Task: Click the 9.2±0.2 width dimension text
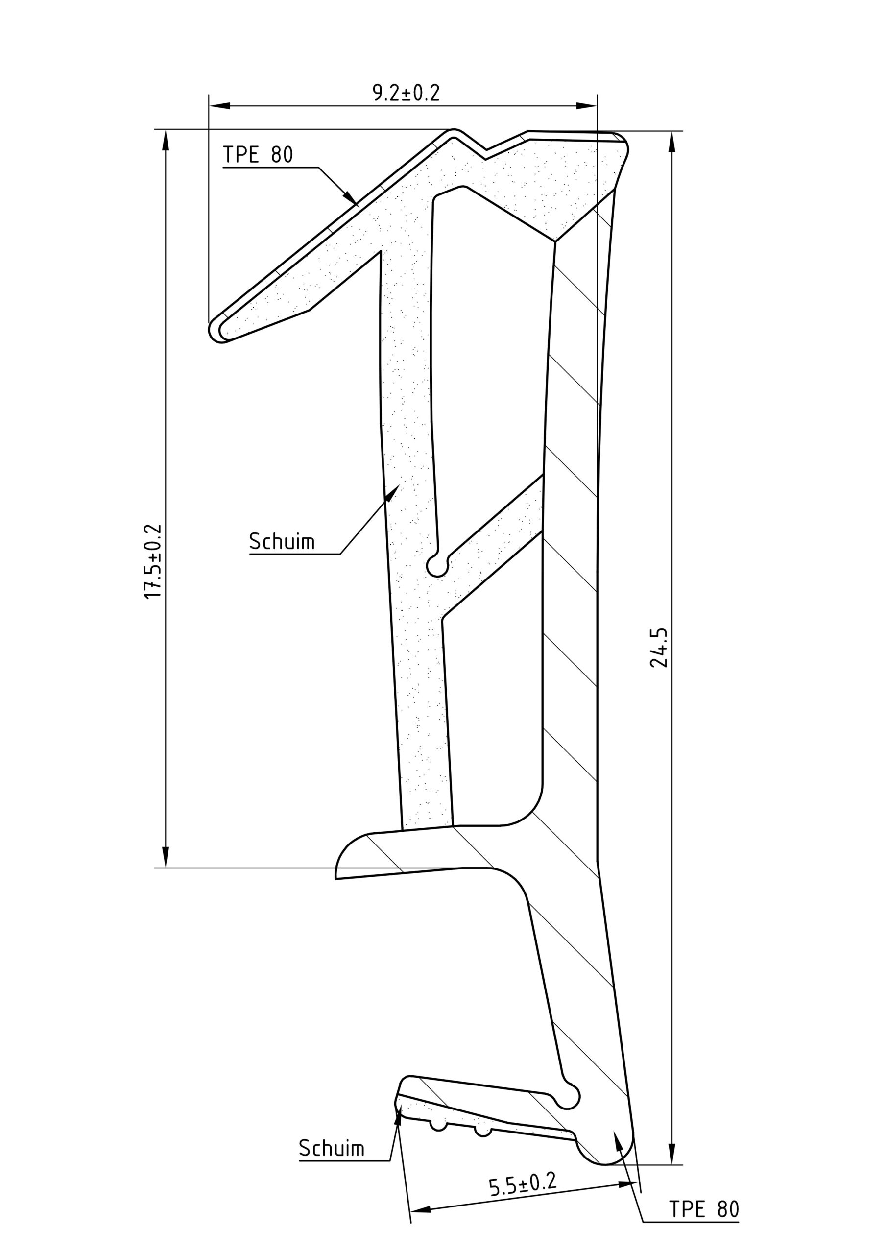pos(406,93)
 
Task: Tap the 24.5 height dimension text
pos(659,648)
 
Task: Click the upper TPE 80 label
pos(258,155)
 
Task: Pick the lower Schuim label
pos(332,1160)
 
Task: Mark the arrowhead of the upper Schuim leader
pos(392,492)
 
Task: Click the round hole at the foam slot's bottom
pos(437,565)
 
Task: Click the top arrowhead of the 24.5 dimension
pos(672,143)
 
